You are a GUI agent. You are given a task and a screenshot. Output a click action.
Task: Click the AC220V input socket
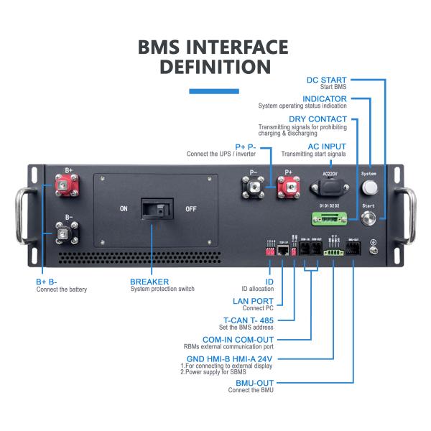click(328, 188)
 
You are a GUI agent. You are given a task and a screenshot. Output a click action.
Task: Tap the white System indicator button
click(369, 187)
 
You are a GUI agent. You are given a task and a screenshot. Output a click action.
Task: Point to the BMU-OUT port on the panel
click(353, 250)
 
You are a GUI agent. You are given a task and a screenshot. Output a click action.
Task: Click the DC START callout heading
click(326, 80)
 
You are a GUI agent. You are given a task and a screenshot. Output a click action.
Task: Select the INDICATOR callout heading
click(324, 99)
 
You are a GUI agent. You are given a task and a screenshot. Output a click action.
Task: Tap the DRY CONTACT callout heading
click(318, 119)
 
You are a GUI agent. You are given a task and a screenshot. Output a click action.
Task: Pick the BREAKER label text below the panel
click(149, 282)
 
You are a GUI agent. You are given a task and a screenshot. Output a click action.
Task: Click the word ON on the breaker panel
click(124, 209)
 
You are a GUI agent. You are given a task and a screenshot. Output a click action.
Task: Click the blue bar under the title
click(213, 91)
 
